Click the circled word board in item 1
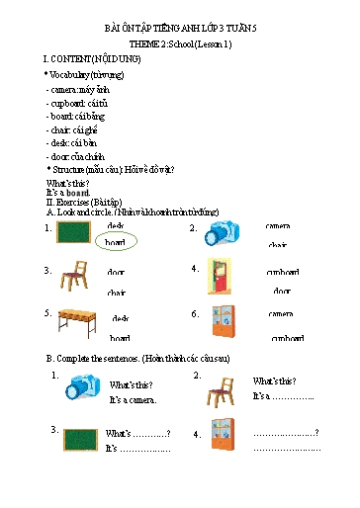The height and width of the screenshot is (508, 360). (117, 241)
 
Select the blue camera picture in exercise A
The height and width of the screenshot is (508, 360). (223, 234)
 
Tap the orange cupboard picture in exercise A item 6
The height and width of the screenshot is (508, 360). (223, 323)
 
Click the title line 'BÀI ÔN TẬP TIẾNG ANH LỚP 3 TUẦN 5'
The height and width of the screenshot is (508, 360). (179, 31)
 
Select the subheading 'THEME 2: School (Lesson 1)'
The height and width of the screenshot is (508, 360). (179, 45)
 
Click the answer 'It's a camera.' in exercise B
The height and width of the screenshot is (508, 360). (133, 399)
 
